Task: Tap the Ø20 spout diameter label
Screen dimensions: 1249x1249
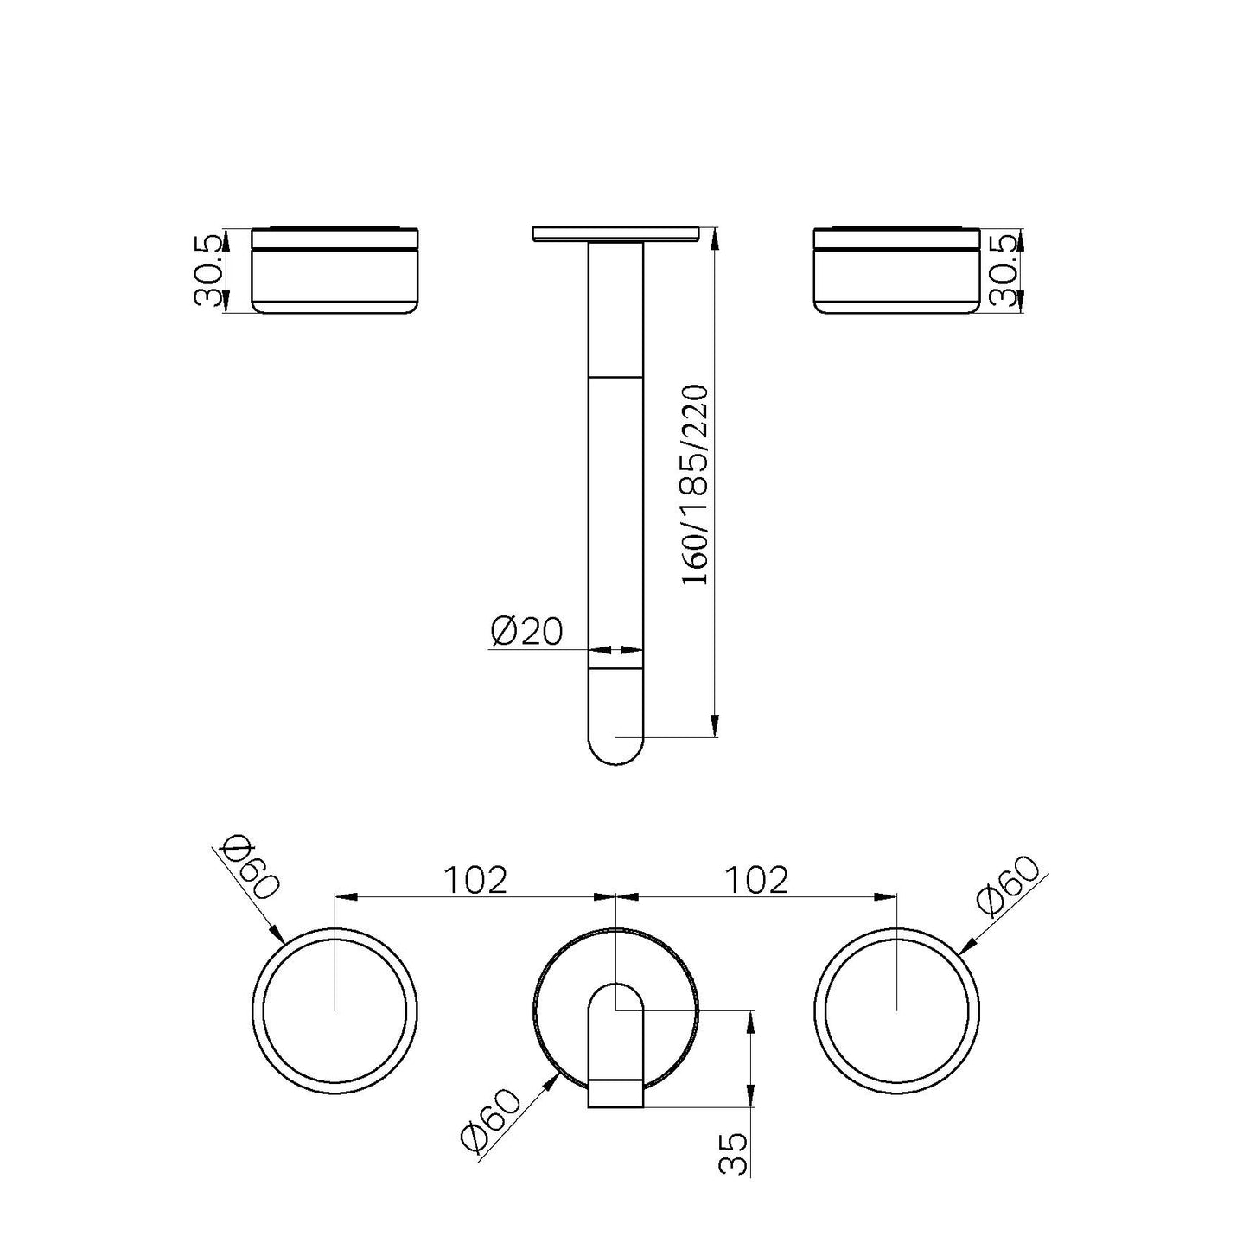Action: coord(526,632)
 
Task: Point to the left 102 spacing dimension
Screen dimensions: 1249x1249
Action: coord(475,880)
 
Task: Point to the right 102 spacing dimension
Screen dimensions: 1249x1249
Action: coord(756,880)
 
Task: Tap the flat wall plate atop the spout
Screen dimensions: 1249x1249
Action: coord(615,233)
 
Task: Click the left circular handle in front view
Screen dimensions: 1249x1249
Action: coord(335,1010)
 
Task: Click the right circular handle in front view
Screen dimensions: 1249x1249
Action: coord(897,1010)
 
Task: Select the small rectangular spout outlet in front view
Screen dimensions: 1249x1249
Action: coord(615,1093)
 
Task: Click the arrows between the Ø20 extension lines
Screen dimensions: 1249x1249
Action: coord(615,650)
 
